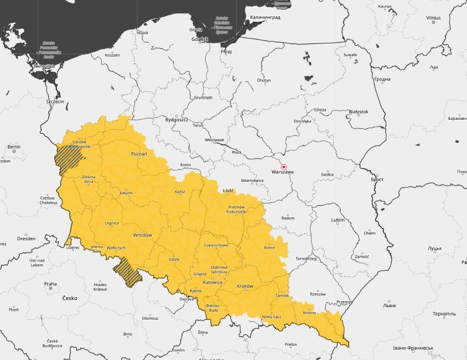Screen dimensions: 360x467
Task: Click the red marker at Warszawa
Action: click(283, 167)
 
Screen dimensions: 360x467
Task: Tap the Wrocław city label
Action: click(142, 235)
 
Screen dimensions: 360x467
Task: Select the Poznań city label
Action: click(139, 154)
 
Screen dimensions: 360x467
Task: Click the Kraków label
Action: click(244, 286)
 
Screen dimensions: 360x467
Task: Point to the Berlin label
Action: click(14, 147)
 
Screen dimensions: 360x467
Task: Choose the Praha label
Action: click(50, 284)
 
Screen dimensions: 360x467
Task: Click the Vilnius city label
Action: click(433, 18)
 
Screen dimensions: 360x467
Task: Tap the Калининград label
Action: click(265, 17)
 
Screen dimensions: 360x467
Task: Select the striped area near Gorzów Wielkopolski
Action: click(68, 159)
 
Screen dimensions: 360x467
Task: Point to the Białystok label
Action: click(359, 112)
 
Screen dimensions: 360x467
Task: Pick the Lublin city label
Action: click(338, 220)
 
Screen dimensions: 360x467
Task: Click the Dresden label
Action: click(26, 239)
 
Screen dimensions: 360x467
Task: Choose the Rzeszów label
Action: click(318, 294)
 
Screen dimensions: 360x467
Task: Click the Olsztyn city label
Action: click(264, 81)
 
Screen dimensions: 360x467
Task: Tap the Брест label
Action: click(377, 179)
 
